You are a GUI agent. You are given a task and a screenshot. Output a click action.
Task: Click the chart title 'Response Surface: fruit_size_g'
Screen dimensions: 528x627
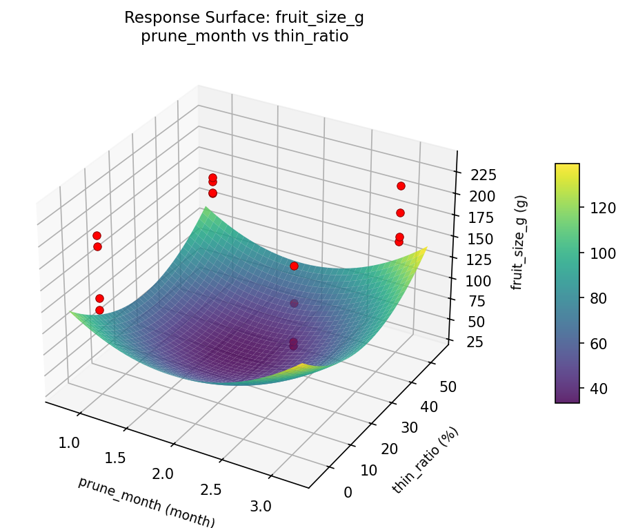tap(244, 19)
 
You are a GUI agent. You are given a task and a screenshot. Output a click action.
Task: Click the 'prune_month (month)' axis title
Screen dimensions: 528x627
tap(146, 502)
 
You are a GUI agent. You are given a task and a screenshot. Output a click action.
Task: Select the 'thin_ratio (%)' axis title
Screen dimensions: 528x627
tap(425, 460)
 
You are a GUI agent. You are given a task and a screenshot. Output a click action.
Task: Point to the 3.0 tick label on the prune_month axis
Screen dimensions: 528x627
tap(261, 506)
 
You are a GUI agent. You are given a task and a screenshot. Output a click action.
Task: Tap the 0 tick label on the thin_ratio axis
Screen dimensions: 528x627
tap(346, 492)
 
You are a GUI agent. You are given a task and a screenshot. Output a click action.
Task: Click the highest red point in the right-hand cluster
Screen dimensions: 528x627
tap(401, 186)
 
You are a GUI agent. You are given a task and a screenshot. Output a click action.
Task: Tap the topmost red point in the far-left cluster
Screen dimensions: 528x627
tap(97, 235)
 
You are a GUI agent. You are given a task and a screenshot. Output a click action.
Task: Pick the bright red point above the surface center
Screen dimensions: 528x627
tap(294, 266)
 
